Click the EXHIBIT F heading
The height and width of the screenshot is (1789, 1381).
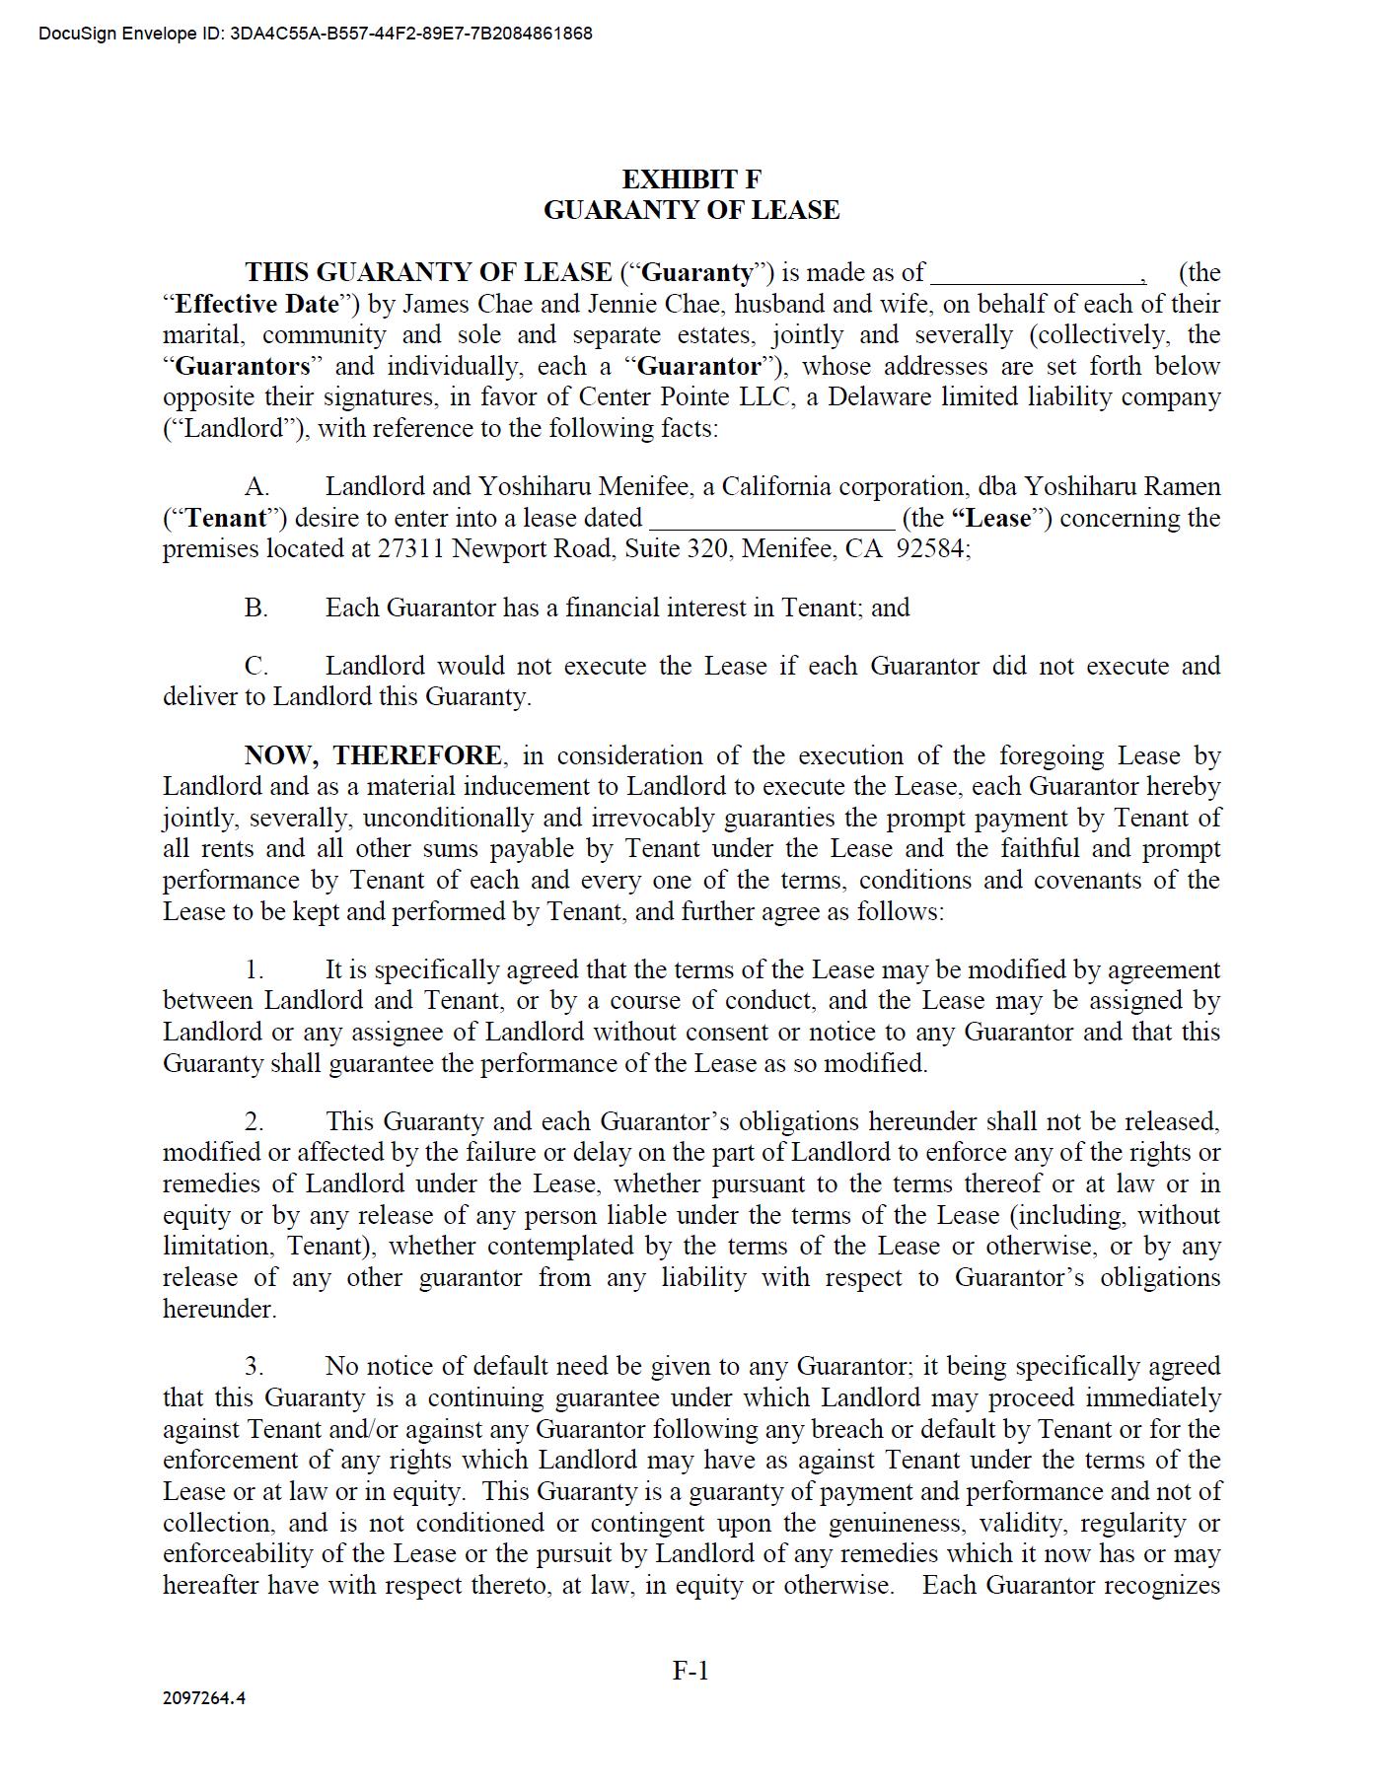tap(690, 179)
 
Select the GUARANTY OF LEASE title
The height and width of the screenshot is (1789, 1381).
tap(690, 210)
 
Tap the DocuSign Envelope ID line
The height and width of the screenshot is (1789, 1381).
tap(316, 34)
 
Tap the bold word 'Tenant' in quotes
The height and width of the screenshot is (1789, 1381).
tap(226, 519)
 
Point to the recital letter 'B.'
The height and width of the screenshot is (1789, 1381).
tap(256, 608)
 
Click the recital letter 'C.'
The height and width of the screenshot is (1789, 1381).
tap(256, 667)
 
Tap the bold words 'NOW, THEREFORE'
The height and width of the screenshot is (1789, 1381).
tap(373, 756)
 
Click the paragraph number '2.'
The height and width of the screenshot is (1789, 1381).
tap(254, 1122)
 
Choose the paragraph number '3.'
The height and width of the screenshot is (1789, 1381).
tap(254, 1367)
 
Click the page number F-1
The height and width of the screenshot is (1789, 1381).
tap(690, 1671)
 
